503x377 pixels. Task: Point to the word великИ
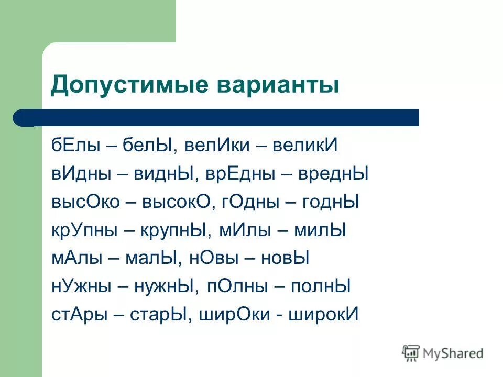tap(304, 146)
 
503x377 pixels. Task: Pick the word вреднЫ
tap(333, 174)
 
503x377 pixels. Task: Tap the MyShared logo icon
tap(411, 353)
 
